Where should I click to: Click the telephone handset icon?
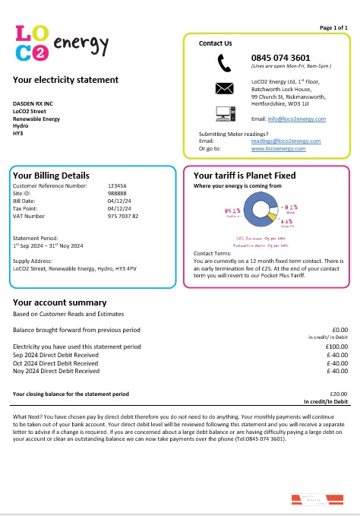click(224, 62)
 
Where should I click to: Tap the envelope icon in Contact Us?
click(224, 87)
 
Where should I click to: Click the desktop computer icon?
click(224, 114)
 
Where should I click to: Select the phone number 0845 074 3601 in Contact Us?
click(280, 57)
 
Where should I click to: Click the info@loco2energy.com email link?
click(298, 119)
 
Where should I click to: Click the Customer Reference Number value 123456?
click(117, 185)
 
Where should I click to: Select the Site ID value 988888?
click(117, 193)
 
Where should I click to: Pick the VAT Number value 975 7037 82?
click(123, 217)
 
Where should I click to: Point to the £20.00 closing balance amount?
click(337, 394)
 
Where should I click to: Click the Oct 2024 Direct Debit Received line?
click(56, 363)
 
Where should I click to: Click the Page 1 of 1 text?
click(333, 27)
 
